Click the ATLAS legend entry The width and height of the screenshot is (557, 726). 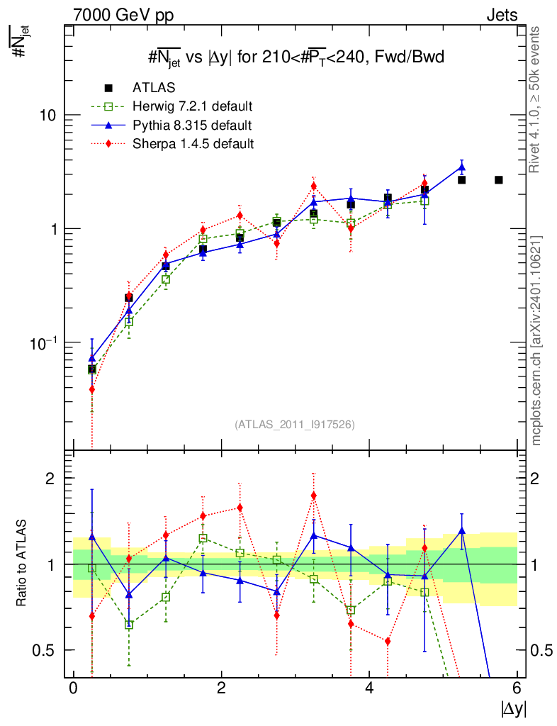click(x=154, y=88)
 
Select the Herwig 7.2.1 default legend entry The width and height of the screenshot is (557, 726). click(x=192, y=107)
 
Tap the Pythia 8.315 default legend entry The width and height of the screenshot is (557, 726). click(x=191, y=125)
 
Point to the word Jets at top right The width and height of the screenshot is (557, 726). click(x=501, y=15)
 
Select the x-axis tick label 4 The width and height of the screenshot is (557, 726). click(x=369, y=688)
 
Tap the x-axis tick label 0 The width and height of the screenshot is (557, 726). click(x=73, y=688)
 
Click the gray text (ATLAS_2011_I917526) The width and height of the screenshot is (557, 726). click(x=295, y=425)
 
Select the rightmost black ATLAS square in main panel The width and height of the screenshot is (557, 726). click(x=498, y=180)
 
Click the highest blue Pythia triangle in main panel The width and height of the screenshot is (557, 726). click(x=461, y=168)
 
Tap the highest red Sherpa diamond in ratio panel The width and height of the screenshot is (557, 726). click(x=313, y=496)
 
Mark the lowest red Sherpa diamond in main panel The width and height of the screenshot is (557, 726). click(x=91, y=389)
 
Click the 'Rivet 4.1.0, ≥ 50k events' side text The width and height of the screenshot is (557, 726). click(x=536, y=100)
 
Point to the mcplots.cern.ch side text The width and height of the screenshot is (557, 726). click(x=536, y=340)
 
